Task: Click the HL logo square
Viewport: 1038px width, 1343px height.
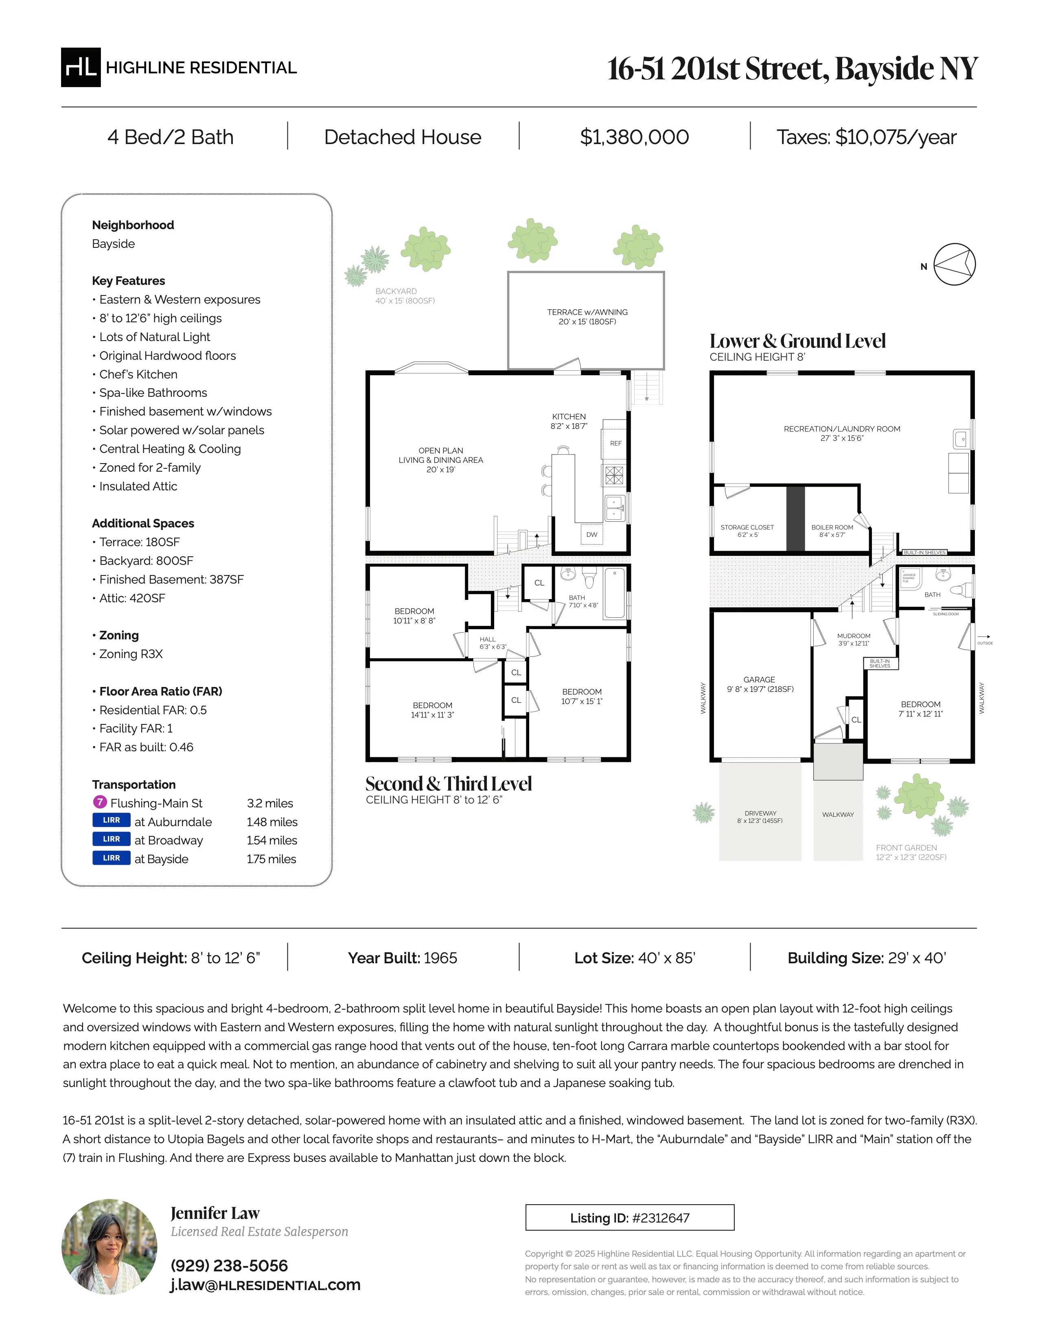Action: [x=81, y=67]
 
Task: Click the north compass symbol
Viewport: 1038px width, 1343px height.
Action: [x=955, y=265]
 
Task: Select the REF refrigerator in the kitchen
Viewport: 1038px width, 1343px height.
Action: [x=615, y=443]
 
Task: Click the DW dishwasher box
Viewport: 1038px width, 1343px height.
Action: [x=591, y=534]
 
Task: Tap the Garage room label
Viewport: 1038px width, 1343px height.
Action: [x=760, y=684]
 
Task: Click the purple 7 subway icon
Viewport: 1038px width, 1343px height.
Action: [x=100, y=802]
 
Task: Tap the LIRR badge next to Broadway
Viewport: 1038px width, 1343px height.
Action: [x=111, y=839]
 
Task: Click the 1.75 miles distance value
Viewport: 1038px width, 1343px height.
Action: [x=271, y=859]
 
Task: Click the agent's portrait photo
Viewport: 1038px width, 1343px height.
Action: [x=109, y=1247]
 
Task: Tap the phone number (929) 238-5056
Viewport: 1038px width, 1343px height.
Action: [x=229, y=1266]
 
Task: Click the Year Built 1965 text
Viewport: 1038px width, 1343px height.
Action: [x=402, y=958]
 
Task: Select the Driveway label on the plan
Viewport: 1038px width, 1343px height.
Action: [x=760, y=816]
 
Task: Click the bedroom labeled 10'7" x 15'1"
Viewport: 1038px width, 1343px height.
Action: [x=581, y=696]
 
